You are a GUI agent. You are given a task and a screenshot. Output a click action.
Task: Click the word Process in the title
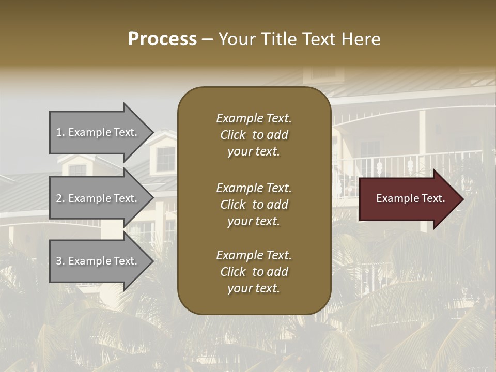tap(162, 39)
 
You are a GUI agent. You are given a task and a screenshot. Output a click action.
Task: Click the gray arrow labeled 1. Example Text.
tap(98, 132)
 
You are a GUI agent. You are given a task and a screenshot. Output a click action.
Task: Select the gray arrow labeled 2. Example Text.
tap(98, 198)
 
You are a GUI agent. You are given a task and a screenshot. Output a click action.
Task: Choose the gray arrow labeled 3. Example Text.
tap(98, 261)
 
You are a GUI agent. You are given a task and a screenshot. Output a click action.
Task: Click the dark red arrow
tap(408, 199)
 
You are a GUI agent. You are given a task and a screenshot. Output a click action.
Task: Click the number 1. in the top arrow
tap(60, 132)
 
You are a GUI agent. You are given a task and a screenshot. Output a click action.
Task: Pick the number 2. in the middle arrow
tap(60, 198)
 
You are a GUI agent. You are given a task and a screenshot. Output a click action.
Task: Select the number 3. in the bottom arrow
tap(60, 261)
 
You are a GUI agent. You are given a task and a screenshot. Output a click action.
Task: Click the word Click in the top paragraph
tap(233, 135)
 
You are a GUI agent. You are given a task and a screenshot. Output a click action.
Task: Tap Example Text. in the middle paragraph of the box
tap(254, 188)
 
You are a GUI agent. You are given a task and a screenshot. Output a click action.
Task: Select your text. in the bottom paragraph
tap(254, 288)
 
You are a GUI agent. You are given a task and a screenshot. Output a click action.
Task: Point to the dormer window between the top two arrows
tap(165, 158)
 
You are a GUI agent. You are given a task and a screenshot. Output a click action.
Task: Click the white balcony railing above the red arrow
tap(408, 163)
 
